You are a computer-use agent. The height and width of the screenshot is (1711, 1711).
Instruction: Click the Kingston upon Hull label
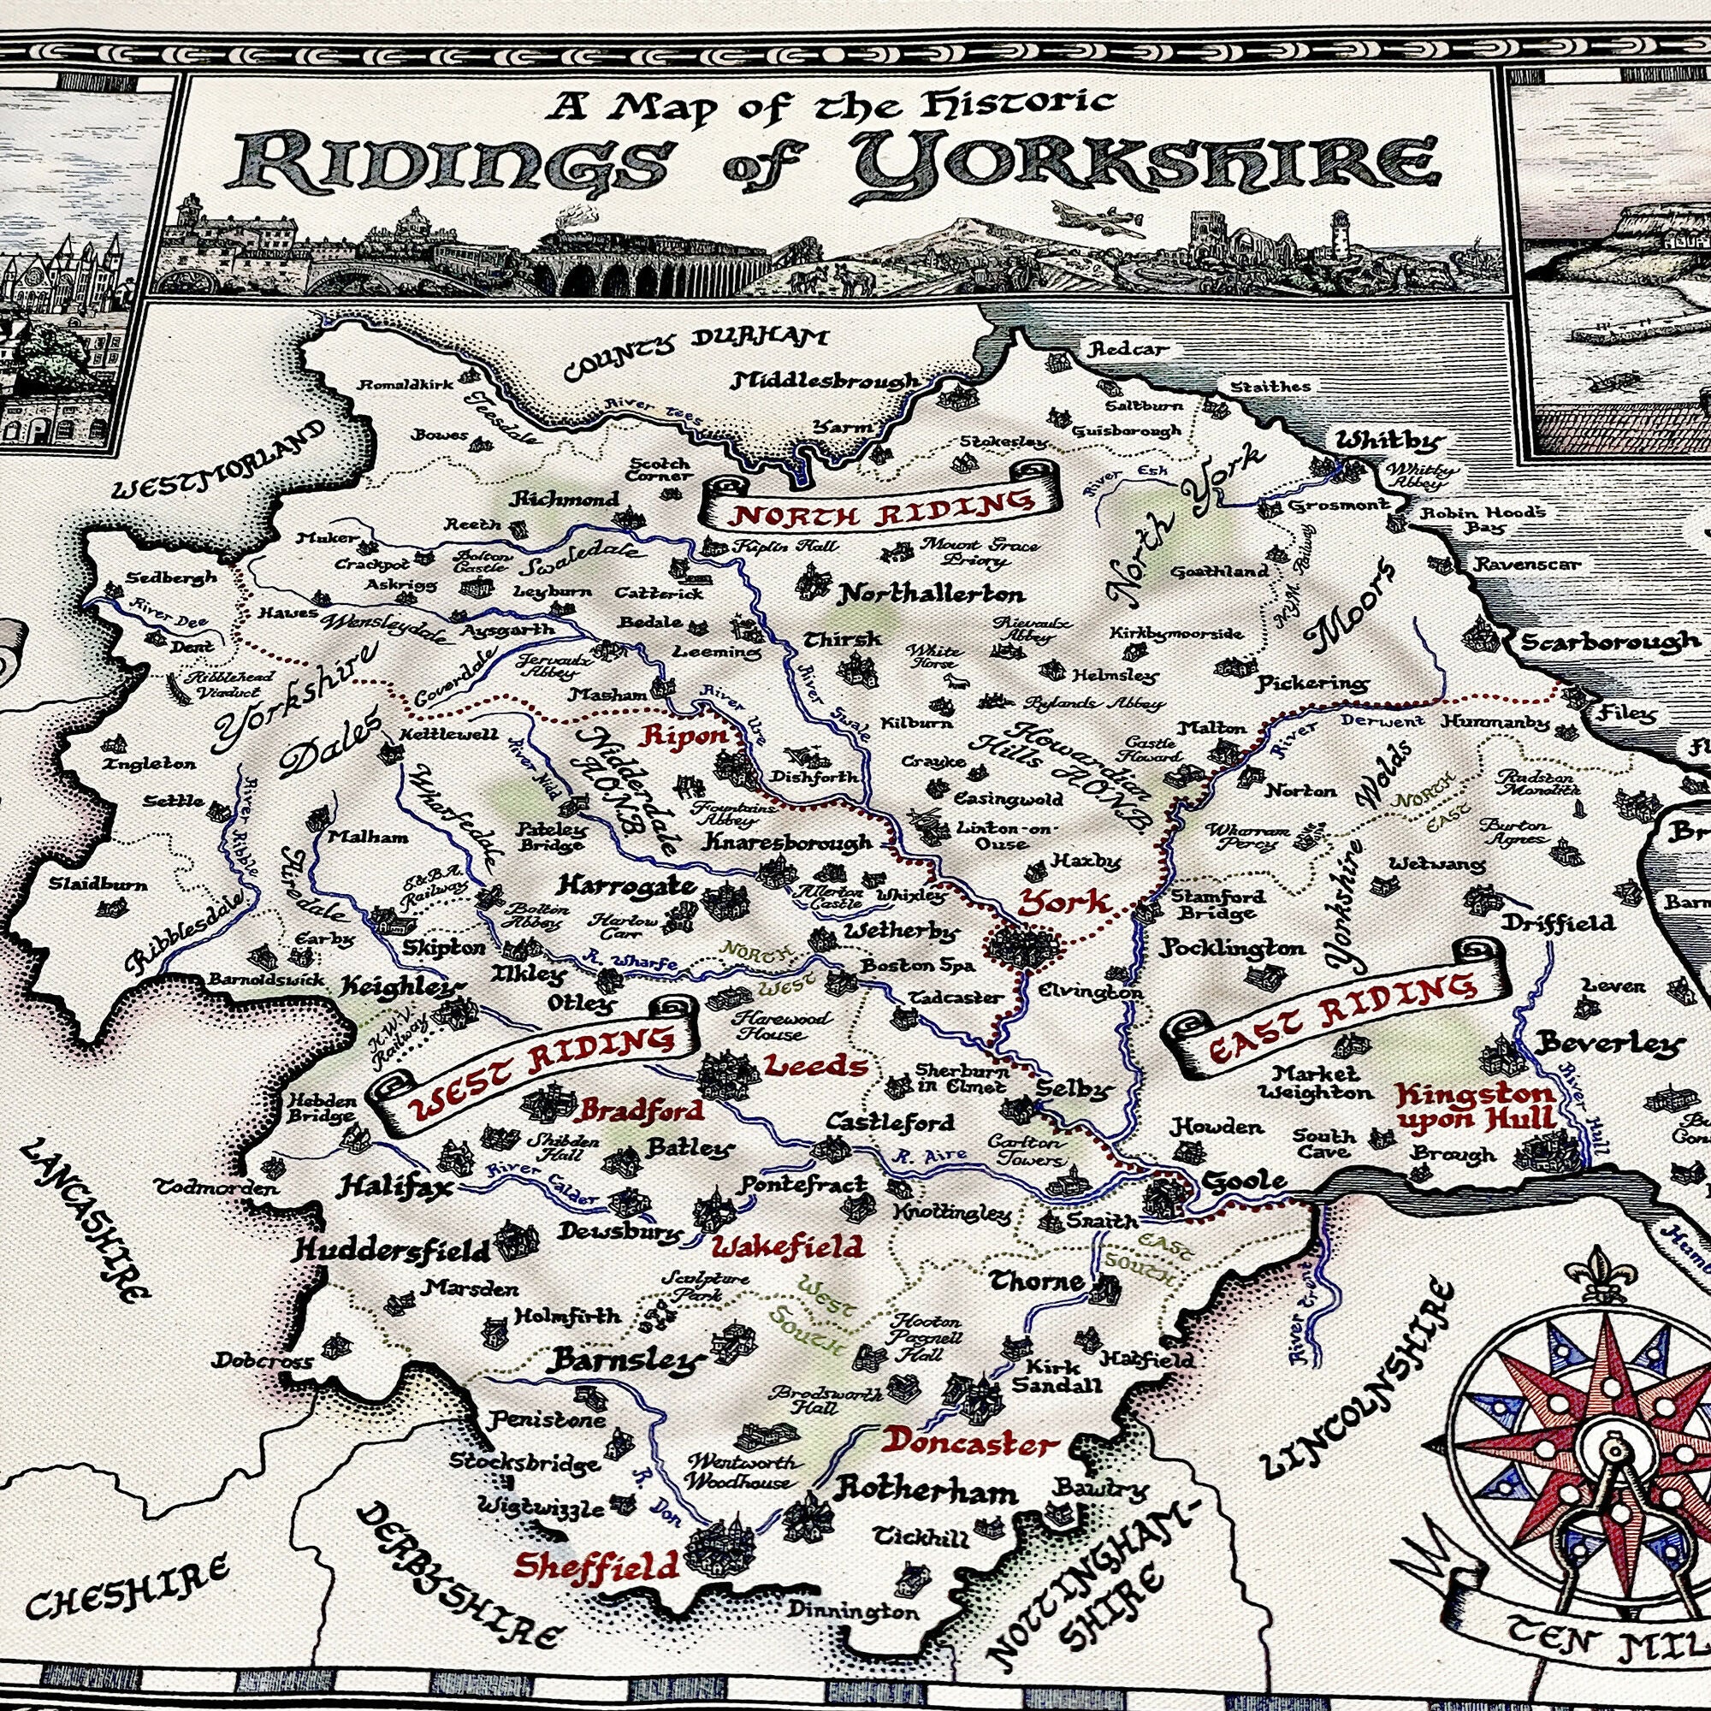[1474, 1105]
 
